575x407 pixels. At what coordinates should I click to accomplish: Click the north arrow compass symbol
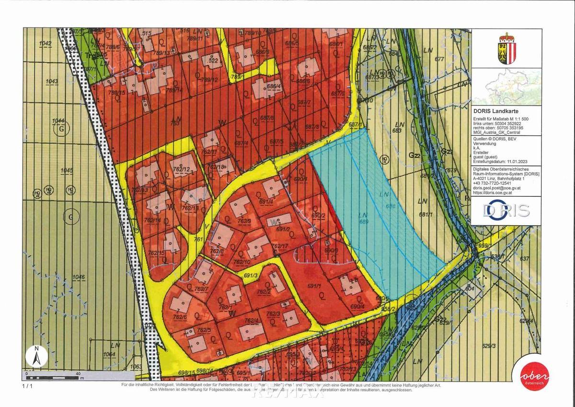click(x=36, y=356)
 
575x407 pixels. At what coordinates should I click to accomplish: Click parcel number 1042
click(x=46, y=44)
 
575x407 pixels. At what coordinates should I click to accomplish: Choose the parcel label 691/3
click(x=251, y=275)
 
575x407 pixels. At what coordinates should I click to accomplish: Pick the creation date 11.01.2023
click(x=519, y=163)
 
